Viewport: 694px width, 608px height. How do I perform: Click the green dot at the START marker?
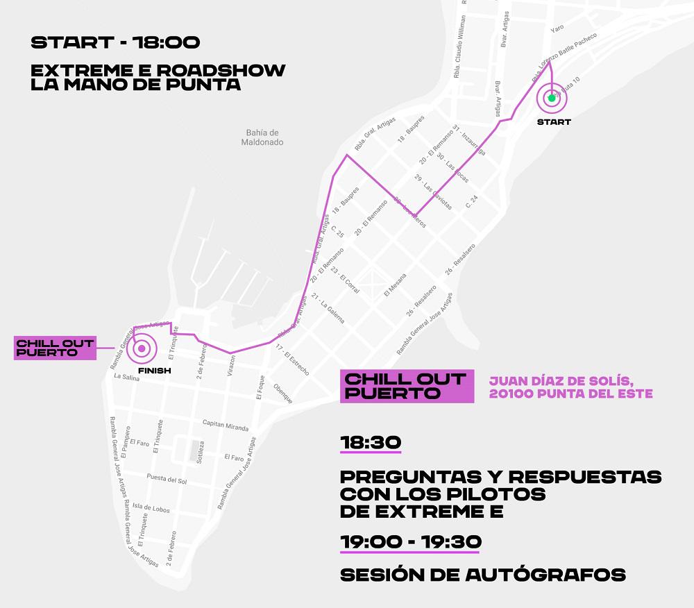pyautogui.click(x=552, y=98)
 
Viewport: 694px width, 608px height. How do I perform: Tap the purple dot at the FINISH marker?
pyautogui.click(x=142, y=348)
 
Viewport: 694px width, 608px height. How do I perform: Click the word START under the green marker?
pyautogui.click(x=554, y=122)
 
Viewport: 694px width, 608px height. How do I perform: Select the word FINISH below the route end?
pyautogui.click(x=154, y=371)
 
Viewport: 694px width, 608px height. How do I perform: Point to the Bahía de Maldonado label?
pyautogui.click(x=262, y=137)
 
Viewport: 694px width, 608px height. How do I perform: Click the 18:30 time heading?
pyautogui.click(x=371, y=443)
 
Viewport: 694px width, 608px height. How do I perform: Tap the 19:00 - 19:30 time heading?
pyautogui.click(x=410, y=541)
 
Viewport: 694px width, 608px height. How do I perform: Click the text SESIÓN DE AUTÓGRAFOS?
pyautogui.click(x=483, y=575)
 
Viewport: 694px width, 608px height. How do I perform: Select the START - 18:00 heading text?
pyautogui.click(x=115, y=42)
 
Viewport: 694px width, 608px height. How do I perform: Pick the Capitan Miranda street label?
pyautogui.click(x=225, y=425)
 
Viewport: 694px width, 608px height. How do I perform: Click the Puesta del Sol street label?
pyautogui.click(x=167, y=480)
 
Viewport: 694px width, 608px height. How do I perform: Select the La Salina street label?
pyautogui.click(x=127, y=377)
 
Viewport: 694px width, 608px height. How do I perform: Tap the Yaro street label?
pyautogui.click(x=557, y=28)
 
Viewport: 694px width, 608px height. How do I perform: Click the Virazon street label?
pyautogui.click(x=232, y=365)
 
